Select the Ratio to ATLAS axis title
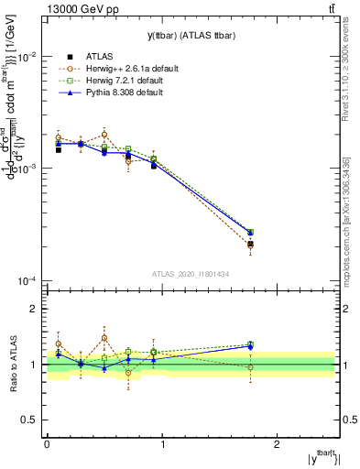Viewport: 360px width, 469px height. coord(12,364)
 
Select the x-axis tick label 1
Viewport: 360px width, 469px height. coord(162,444)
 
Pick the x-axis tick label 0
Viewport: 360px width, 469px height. coord(47,444)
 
